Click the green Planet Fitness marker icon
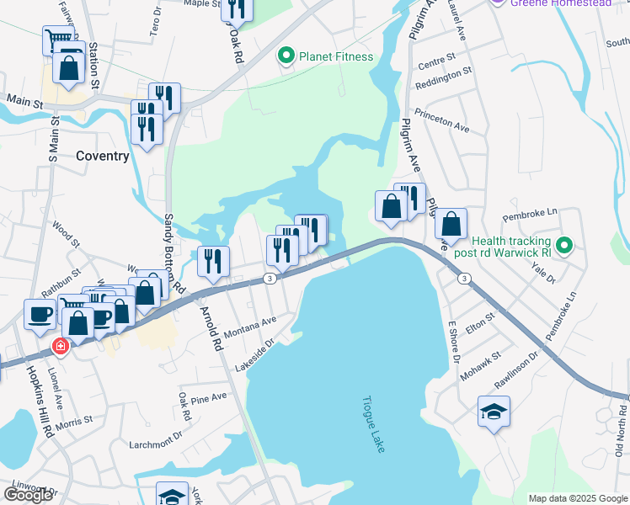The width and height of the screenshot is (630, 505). [286, 56]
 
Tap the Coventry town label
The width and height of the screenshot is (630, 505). [103, 156]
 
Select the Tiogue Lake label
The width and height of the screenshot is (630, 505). [374, 425]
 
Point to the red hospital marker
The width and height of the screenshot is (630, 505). [60, 345]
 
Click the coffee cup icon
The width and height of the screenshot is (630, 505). [40, 314]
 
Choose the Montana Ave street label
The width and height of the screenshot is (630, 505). [251, 327]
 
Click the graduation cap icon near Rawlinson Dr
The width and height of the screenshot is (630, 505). [494, 412]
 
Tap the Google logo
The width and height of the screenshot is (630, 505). [28, 495]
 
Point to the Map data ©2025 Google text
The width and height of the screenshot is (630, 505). [577, 498]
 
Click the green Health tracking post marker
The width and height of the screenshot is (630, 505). [566, 246]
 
